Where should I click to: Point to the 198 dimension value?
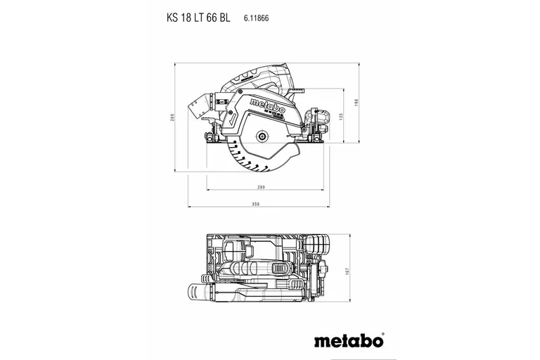click(357, 103)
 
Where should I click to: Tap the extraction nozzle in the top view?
click(199, 291)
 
